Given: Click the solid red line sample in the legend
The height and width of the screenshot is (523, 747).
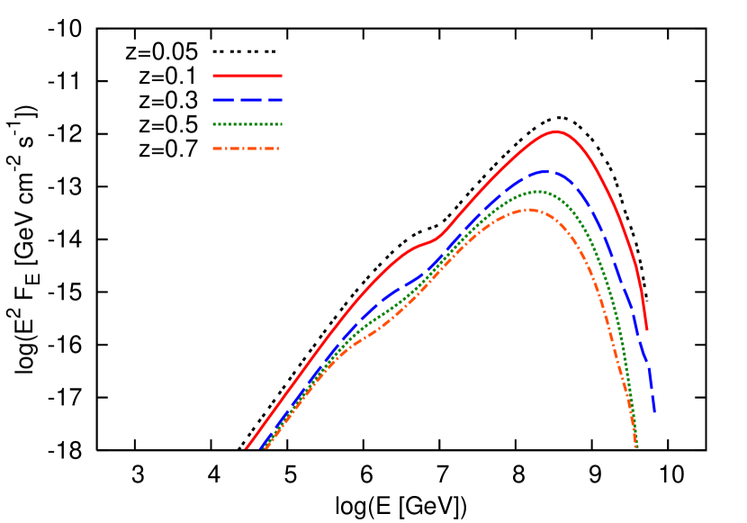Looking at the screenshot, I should click(247, 77).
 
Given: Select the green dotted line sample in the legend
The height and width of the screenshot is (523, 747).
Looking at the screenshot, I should click(247, 124).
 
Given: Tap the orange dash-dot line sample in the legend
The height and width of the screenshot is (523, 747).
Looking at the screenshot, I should click(246, 149).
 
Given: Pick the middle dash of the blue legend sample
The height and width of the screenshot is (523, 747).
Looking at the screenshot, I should click(247, 100).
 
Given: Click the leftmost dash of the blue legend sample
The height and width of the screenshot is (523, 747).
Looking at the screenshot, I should click(219, 100).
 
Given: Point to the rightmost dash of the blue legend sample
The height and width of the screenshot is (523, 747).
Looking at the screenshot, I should click(274, 100).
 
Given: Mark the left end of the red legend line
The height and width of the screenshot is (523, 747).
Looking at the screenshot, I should click(213, 77).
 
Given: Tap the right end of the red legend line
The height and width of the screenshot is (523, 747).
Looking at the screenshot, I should click(281, 77).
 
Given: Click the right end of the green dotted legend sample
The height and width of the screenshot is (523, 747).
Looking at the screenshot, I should click(281, 124).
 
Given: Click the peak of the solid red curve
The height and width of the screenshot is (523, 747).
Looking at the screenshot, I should click(557, 131).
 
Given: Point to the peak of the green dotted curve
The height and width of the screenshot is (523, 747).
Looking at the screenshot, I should click(538, 191).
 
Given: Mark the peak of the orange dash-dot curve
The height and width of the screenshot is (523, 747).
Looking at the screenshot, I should click(529, 210).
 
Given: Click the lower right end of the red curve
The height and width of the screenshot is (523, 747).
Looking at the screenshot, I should click(646, 329).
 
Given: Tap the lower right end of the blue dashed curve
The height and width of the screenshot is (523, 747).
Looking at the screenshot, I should click(654, 412).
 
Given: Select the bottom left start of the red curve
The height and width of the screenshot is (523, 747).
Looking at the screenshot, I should click(246, 447).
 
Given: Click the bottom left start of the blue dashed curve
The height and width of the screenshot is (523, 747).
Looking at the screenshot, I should click(261, 446).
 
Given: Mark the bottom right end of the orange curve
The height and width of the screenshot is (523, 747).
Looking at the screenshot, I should click(636, 446).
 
